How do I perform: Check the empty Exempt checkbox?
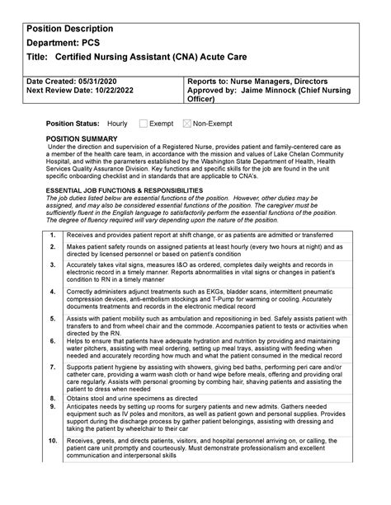(x=144, y=123)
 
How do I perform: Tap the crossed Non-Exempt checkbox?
(x=186, y=123)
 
